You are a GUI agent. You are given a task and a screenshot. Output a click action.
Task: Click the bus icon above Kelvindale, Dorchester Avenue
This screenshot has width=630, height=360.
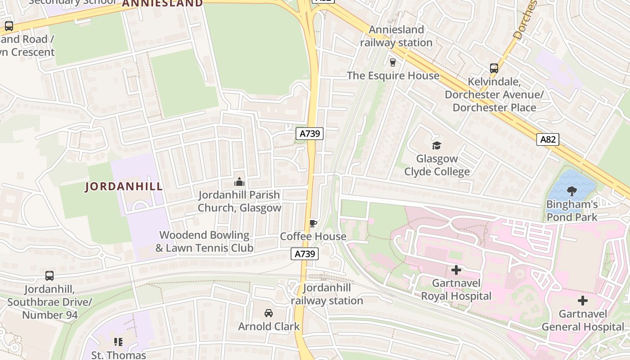(x=494, y=68)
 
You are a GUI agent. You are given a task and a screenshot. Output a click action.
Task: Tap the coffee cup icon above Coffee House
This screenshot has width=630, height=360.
(x=313, y=223)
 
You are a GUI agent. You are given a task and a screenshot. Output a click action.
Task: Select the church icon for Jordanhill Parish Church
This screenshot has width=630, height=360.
(x=239, y=182)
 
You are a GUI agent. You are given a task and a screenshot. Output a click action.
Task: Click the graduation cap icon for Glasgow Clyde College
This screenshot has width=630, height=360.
(x=436, y=145)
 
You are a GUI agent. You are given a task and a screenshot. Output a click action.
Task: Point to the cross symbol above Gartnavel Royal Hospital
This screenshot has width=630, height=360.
(x=456, y=270)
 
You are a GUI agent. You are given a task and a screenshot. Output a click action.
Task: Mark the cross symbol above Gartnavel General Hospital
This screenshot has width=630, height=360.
(x=583, y=301)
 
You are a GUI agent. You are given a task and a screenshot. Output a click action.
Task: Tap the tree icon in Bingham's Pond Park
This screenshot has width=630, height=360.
(x=571, y=191)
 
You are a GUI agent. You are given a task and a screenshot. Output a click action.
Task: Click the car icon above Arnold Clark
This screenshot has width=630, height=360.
(x=269, y=313)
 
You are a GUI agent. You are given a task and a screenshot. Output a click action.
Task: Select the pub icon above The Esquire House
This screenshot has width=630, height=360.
(x=393, y=62)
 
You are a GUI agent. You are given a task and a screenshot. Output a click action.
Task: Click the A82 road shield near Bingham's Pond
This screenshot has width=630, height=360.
(x=548, y=139)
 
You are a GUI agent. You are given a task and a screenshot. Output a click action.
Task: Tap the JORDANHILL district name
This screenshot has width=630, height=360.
(x=124, y=187)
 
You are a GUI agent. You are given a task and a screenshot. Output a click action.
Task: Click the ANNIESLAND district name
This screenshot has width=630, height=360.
(x=162, y=4)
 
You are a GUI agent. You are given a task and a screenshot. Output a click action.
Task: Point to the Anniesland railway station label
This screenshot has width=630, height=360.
(x=396, y=36)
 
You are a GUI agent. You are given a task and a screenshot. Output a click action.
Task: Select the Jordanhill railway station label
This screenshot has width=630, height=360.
(x=327, y=294)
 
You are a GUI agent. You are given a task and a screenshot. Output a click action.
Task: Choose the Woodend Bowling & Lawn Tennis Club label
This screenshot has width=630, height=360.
(x=204, y=241)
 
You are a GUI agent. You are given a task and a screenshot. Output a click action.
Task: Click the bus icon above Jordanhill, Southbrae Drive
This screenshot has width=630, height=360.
(x=49, y=276)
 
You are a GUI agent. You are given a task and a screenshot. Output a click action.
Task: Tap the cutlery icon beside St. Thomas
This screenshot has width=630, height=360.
(x=118, y=342)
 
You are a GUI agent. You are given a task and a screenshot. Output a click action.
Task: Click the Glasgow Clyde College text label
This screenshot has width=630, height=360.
(x=437, y=165)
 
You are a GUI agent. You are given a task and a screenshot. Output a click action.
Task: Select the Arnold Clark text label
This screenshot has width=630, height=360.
(x=269, y=326)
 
